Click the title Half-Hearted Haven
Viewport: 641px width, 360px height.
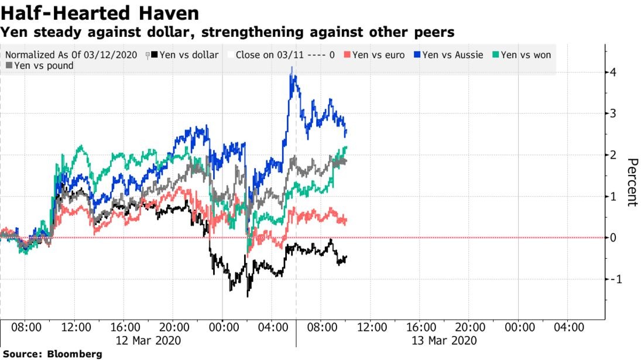click(x=100, y=13)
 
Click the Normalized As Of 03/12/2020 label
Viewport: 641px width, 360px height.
click(x=70, y=55)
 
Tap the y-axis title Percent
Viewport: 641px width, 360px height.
click(x=631, y=182)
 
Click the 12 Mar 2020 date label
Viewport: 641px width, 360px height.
click(x=149, y=340)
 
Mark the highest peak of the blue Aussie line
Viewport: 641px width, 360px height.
click(x=292, y=68)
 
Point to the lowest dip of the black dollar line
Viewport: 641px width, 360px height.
click(x=248, y=296)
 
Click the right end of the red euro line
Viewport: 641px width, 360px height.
click(x=347, y=220)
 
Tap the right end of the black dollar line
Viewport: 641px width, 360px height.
click(x=347, y=257)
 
